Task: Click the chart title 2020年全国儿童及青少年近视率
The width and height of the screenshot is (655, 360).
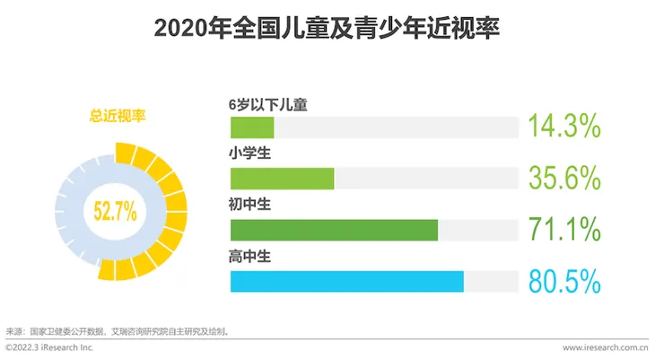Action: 327,28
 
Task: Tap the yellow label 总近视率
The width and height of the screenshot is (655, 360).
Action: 118,115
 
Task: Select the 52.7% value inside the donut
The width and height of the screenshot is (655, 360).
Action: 115,212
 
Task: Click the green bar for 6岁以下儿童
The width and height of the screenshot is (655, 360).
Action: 252,127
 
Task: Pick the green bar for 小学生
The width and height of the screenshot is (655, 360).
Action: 282,179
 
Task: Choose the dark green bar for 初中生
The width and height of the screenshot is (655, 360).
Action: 334,230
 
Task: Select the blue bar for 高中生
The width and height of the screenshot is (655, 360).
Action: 346,282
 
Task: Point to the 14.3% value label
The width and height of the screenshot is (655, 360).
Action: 563,127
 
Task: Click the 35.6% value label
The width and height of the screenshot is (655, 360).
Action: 563,179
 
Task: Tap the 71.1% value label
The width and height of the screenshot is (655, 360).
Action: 563,230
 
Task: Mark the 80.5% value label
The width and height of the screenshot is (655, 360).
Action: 563,282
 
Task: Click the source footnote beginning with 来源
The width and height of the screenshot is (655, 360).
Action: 118,330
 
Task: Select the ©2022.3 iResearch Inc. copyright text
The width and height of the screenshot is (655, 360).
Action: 49,347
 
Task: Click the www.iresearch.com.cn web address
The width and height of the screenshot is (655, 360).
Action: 606,347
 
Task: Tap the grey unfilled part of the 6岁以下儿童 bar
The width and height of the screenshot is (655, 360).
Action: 396,127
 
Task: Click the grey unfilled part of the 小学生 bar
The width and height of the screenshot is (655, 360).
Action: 426,179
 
